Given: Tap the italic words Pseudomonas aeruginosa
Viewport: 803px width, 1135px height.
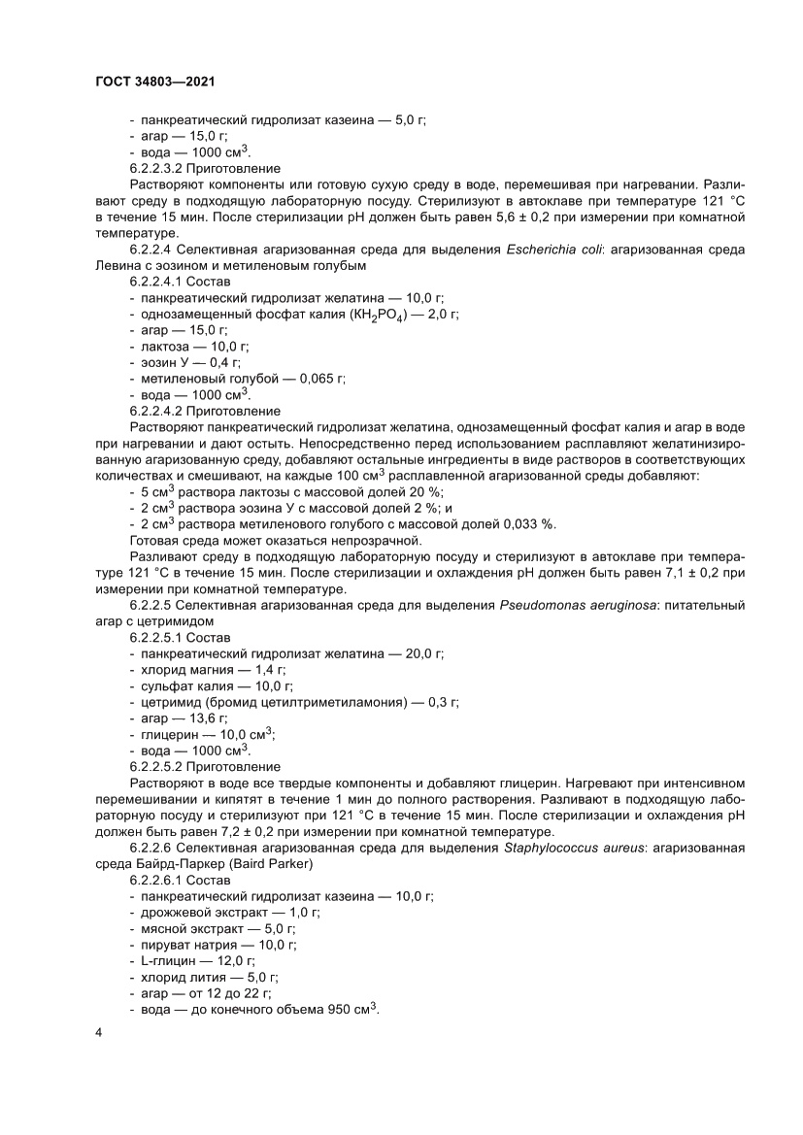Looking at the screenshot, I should point(574,605).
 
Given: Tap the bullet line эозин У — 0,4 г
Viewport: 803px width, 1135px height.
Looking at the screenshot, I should point(185,362).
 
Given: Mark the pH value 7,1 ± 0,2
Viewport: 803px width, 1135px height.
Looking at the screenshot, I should point(695,573).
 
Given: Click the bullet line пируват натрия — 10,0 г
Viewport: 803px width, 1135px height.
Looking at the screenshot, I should point(218,944).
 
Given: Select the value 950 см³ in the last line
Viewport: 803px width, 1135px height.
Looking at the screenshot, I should point(353,1008).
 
